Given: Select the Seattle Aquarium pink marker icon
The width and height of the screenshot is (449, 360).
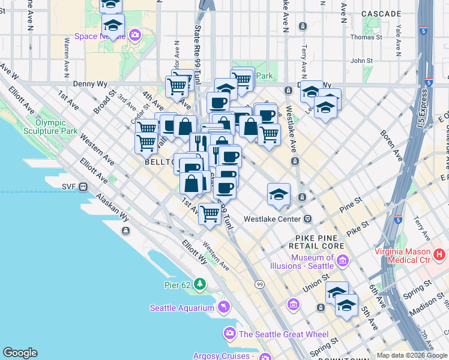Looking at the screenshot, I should click(224, 308).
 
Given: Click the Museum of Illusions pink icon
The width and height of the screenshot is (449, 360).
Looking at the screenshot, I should click(343, 260).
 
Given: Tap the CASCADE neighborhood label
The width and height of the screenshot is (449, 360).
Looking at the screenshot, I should click(381, 13).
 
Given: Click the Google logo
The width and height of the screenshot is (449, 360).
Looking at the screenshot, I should click(20, 353).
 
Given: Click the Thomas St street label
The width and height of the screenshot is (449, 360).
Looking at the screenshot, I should click(366, 37).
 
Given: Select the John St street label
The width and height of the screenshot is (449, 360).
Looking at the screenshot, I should click(362, 61).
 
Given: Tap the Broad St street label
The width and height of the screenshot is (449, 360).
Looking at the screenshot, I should click(104, 103).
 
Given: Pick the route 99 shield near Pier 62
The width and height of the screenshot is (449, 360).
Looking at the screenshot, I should click(259, 284).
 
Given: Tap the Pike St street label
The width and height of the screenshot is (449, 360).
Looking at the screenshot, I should click(357, 228).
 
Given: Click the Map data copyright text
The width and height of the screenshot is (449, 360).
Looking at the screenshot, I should click(411, 355).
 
